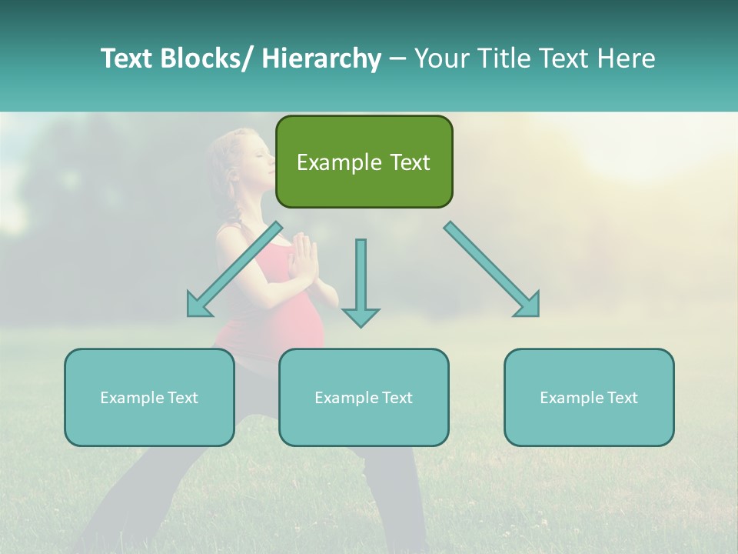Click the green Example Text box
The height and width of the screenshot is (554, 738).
[364, 162]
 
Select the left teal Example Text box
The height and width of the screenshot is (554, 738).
[149, 397]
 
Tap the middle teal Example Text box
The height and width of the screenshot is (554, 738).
[364, 397]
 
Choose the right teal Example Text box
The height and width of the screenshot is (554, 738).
[589, 397]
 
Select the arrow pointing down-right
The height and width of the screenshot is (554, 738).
[491, 269]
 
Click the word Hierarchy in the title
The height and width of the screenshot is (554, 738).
[321, 58]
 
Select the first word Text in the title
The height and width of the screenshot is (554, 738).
[127, 58]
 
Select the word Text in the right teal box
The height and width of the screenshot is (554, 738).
[622, 397]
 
